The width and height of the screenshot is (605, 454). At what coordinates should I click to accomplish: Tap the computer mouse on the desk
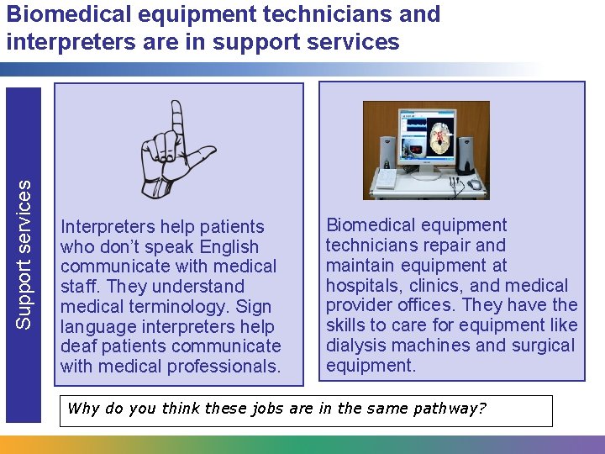475,184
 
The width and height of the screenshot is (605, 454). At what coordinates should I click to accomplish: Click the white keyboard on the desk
384,178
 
